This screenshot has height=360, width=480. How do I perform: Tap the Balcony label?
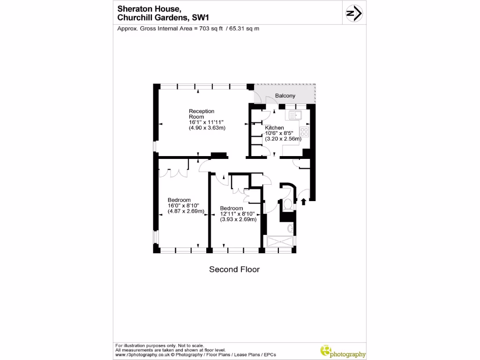285,96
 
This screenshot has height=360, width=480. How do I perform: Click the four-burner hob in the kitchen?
304,132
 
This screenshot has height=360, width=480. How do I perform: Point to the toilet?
288,205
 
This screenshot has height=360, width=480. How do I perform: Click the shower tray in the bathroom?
280,241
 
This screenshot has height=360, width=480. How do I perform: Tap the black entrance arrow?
303,202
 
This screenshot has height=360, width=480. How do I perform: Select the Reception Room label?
202,114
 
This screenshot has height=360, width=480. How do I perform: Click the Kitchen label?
274,127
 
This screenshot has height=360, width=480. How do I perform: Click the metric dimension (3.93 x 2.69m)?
238,219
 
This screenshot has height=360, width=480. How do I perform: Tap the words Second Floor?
234,270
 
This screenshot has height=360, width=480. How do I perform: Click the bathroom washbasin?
290,228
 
